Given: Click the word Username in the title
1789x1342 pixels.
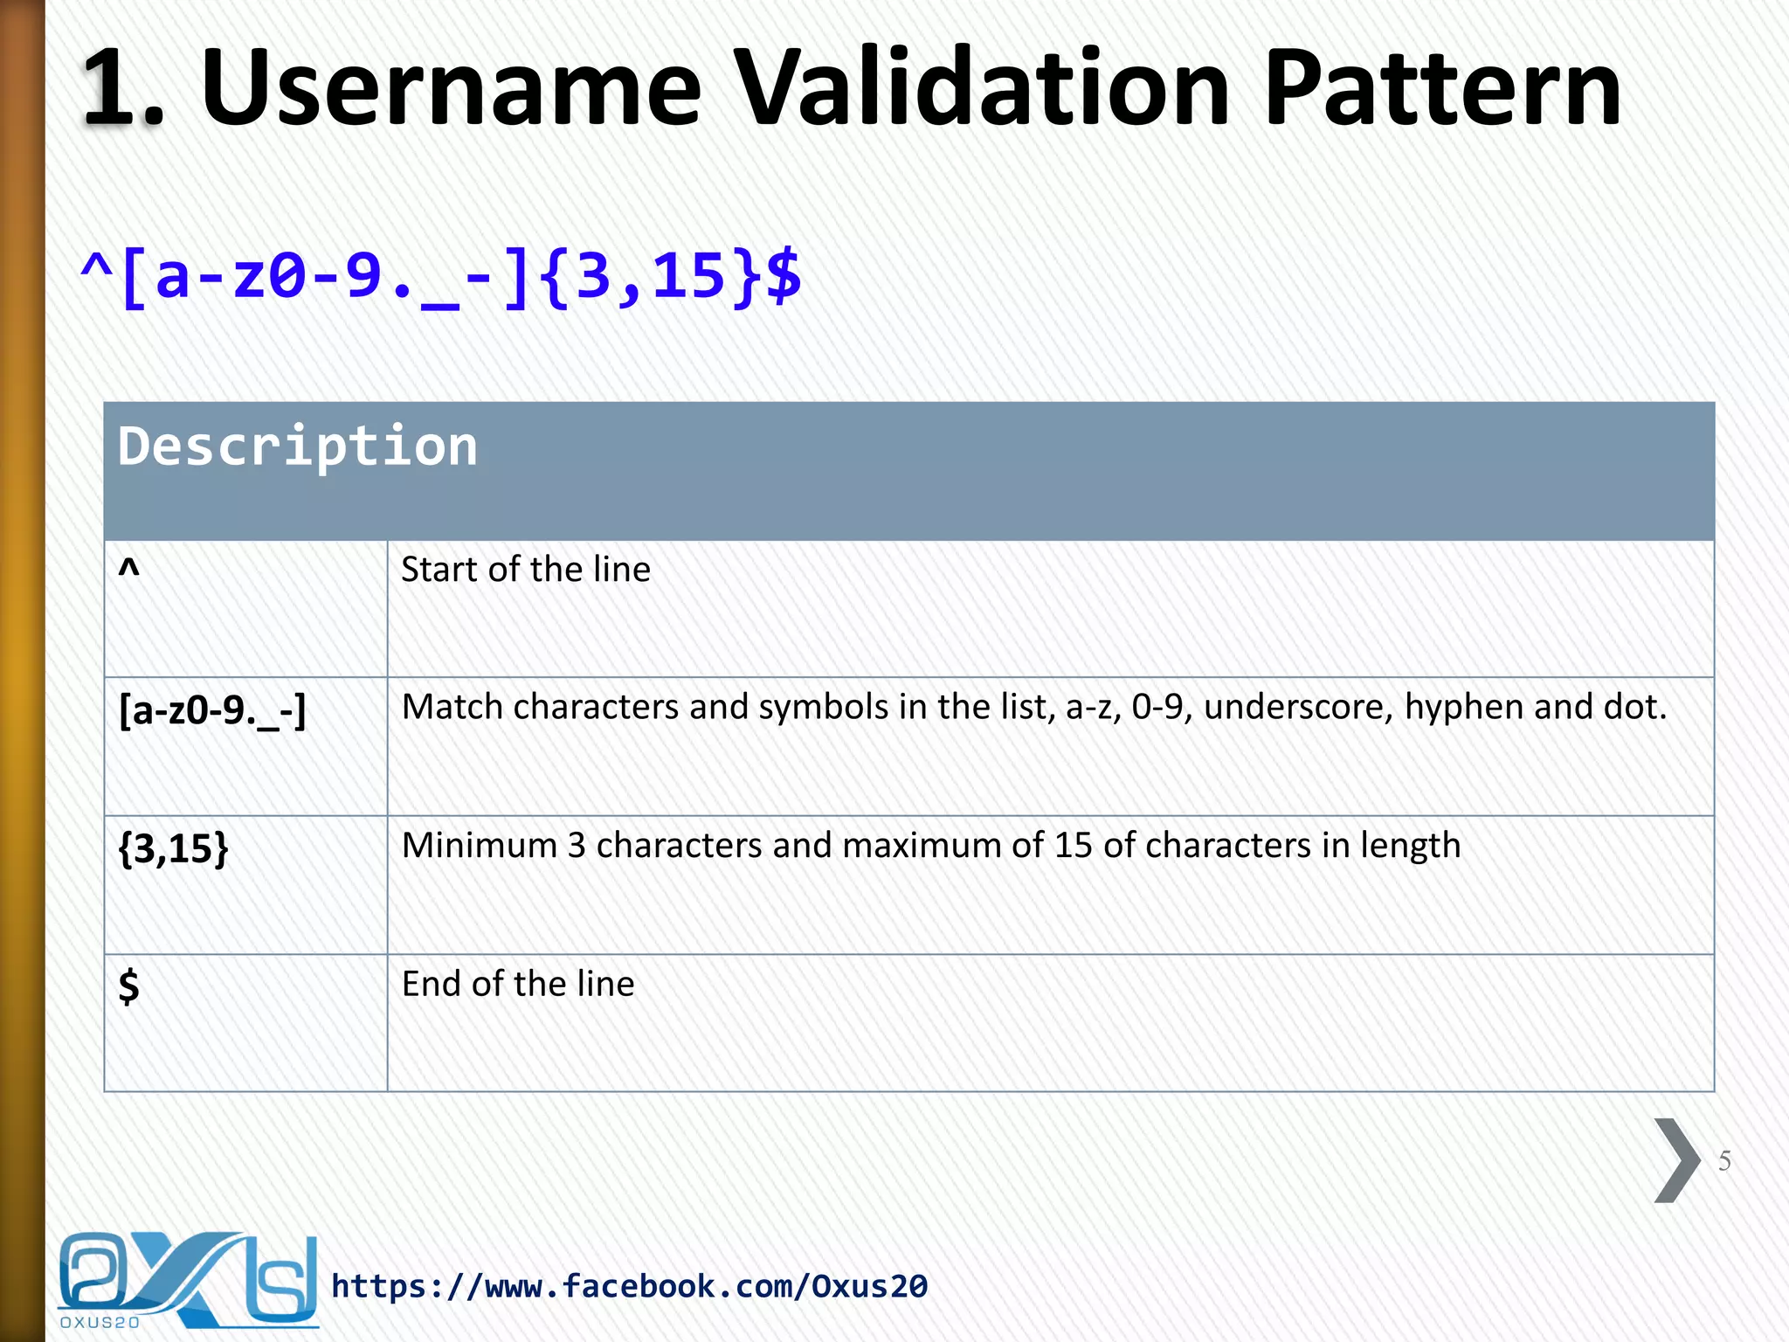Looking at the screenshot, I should point(451,87).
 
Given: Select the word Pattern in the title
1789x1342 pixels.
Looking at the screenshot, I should point(1442,87).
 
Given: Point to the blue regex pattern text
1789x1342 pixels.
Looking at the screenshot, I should point(440,276).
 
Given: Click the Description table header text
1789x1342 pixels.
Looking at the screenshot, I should point(298,446).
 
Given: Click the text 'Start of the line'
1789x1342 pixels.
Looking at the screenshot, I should point(526,570).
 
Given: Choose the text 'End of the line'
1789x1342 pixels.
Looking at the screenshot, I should point(518,984).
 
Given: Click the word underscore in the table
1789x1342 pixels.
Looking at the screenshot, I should point(1298,707).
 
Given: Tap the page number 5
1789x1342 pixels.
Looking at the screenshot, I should point(1724,1161).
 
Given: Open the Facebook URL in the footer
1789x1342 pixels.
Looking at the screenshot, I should point(629,1286).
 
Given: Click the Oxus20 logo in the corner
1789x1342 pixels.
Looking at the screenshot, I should point(187,1280).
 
